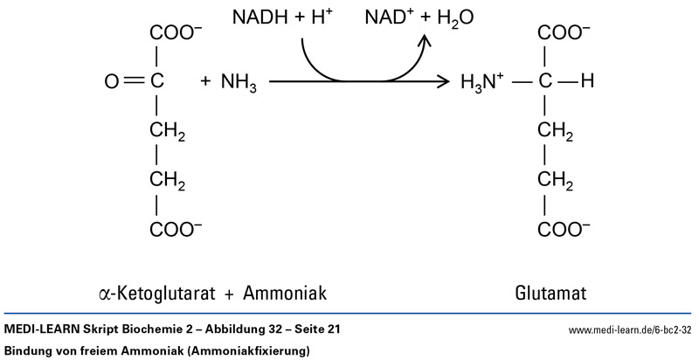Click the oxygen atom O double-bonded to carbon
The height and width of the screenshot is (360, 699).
click(x=111, y=83)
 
